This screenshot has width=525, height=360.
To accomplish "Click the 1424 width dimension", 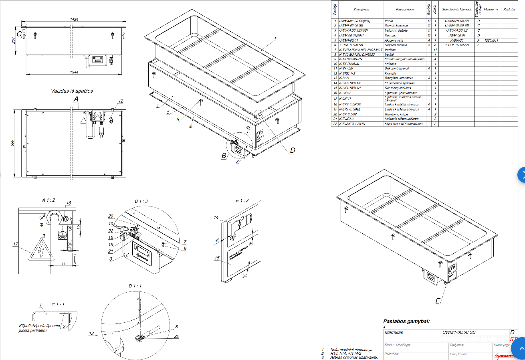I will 74,19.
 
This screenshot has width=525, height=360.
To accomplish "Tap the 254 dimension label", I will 13,41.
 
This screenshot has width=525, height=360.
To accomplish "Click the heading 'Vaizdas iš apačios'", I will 71,91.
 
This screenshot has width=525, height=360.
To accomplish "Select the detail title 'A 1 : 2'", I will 48,200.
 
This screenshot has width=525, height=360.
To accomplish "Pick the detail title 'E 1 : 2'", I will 242,201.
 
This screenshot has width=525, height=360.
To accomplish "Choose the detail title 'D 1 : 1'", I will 135,285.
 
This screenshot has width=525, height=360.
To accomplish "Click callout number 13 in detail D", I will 91,334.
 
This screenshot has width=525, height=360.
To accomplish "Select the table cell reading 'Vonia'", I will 388,20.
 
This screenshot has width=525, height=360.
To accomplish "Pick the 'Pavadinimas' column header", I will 405,9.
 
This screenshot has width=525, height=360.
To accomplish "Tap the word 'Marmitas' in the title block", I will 394,332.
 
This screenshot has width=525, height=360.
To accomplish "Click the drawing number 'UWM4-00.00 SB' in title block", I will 459,332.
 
